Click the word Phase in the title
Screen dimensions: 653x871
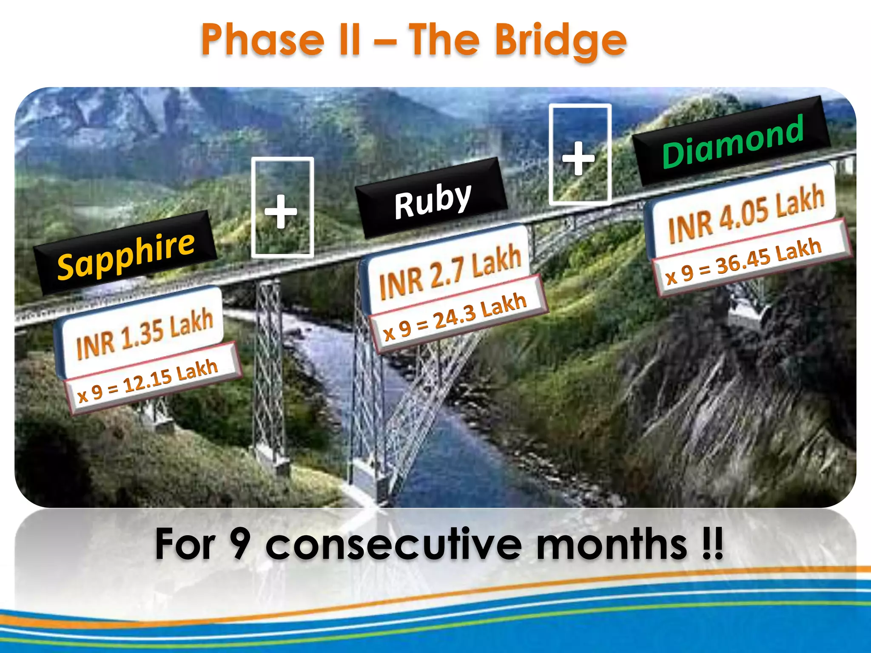tap(263, 40)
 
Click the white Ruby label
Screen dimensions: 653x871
tap(433, 200)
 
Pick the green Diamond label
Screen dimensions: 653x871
tap(732, 142)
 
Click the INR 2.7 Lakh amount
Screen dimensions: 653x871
tap(450, 272)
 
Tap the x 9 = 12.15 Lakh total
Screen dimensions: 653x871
tap(148, 381)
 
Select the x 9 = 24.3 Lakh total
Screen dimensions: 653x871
tap(455, 317)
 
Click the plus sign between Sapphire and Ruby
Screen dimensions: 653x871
tap(281, 212)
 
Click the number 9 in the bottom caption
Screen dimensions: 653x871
tap(239, 544)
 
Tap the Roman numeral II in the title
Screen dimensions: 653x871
tap(349, 40)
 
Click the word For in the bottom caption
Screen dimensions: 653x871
tap(185, 544)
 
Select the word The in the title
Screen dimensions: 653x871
tap(444, 40)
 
